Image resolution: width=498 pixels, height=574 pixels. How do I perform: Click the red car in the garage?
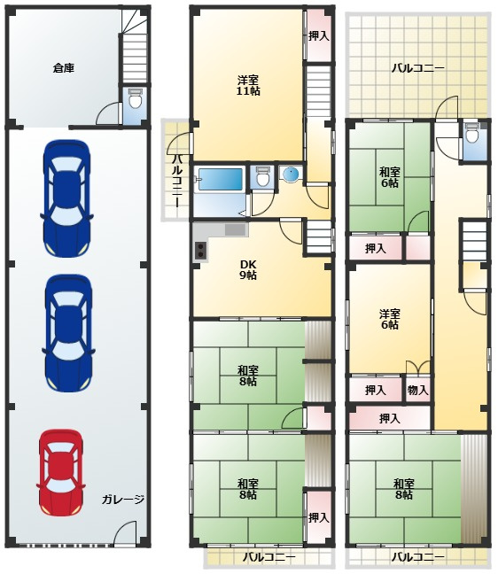tap(61, 472)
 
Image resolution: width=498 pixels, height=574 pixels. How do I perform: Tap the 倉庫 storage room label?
tap(64, 68)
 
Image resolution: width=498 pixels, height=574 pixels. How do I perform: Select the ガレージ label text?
tap(123, 500)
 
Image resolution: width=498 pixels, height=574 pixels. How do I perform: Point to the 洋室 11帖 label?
tap(248, 85)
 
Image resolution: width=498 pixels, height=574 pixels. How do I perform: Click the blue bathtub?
tap(221, 179)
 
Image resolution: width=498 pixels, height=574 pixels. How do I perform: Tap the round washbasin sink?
tap(292, 174)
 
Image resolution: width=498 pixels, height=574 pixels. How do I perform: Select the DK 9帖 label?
tap(248, 270)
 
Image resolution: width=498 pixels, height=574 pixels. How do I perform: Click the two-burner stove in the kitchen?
tap(200, 252)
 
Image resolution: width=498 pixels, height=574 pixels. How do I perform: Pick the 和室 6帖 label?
tap(389, 177)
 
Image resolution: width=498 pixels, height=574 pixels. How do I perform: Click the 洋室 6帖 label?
tap(389, 319)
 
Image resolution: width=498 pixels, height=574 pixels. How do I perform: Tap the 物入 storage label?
tap(418, 391)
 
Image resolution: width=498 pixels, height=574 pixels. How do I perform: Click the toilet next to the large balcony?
tap(472, 134)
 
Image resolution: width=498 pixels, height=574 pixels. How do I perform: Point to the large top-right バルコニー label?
tap(418, 68)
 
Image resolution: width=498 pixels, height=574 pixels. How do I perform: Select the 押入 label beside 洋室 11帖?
tap(319, 36)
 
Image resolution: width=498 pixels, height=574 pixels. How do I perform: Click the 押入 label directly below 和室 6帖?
tap(376, 249)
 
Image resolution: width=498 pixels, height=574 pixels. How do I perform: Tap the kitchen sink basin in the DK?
tap(235, 230)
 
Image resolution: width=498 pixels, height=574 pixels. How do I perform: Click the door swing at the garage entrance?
tap(125, 531)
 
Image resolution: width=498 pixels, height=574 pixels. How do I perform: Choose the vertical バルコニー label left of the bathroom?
tap(177, 182)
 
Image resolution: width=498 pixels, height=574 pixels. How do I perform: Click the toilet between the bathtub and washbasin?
tap(261, 176)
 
